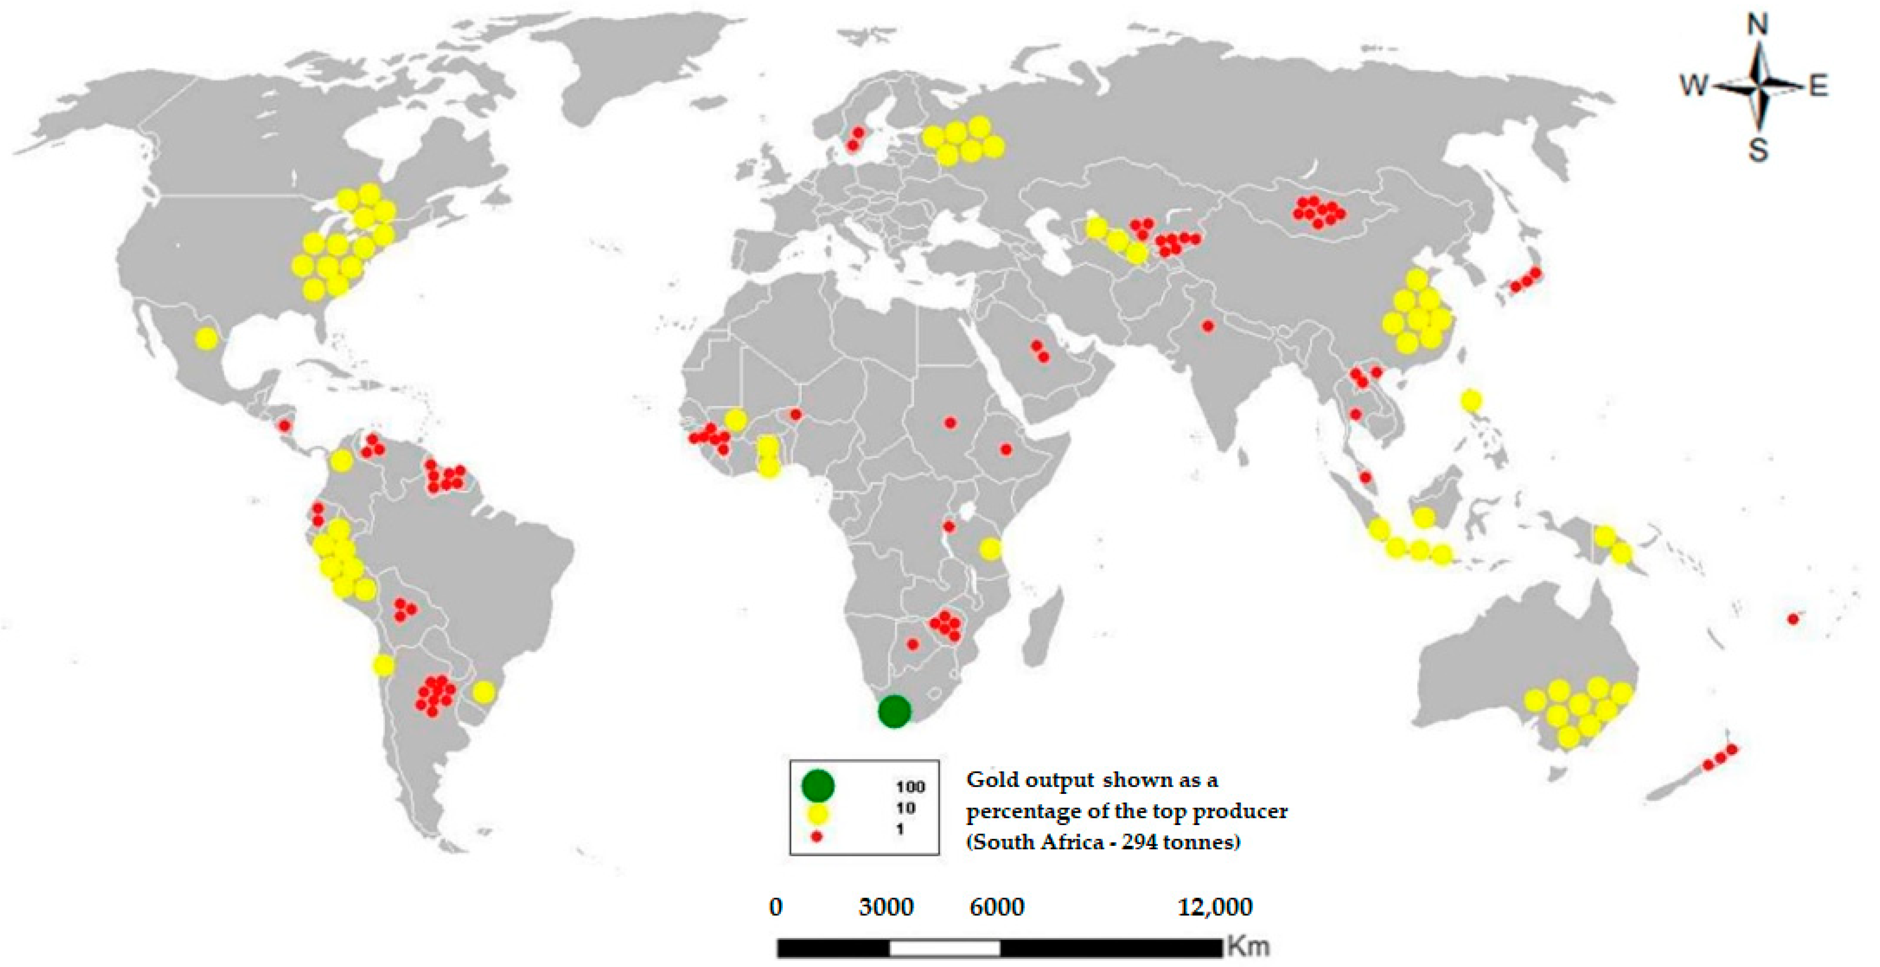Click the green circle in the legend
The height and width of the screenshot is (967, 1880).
pyautogui.click(x=818, y=785)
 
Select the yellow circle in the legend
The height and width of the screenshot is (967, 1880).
pyautogui.click(x=818, y=813)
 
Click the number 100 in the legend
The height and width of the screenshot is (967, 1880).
pyautogui.click(x=910, y=787)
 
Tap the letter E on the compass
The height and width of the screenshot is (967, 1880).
pyautogui.click(x=1818, y=87)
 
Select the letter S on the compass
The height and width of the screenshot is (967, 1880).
pyautogui.click(x=1758, y=151)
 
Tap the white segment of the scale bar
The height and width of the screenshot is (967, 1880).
pyautogui.click(x=945, y=948)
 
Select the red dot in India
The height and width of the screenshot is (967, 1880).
pyautogui.click(x=1208, y=326)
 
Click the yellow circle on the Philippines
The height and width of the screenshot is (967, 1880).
pyautogui.click(x=1471, y=400)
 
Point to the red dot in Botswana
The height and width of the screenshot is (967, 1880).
pyautogui.click(x=912, y=644)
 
